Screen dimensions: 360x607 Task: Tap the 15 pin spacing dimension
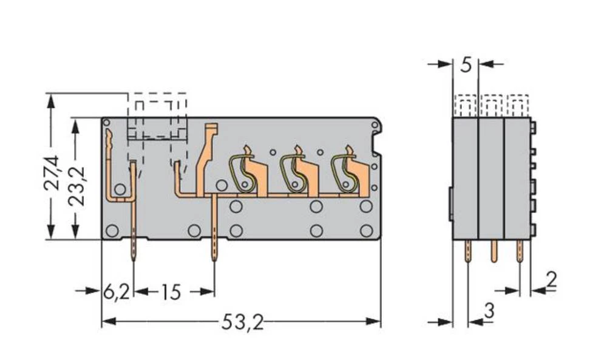click(x=171, y=293)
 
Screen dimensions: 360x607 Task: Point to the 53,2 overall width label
click(x=242, y=323)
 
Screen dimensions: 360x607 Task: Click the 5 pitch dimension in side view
click(x=466, y=64)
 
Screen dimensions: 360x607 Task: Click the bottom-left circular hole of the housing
click(x=112, y=230)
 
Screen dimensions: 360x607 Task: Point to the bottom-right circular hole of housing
click(x=365, y=230)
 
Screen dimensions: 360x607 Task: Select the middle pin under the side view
click(x=493, y=250)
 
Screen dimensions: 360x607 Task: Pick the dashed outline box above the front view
click(x=157, y=115)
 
